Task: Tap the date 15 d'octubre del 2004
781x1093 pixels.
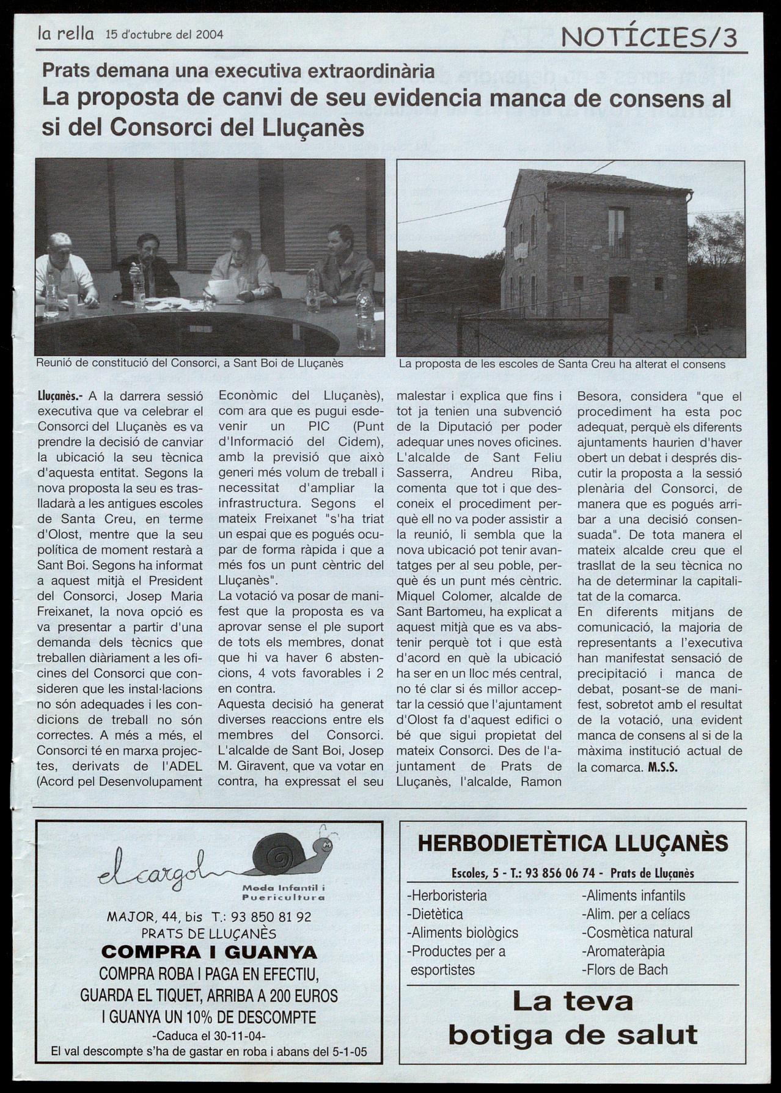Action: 164,35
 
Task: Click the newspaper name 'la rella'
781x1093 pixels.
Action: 65,34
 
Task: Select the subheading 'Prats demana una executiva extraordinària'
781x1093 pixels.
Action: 238,71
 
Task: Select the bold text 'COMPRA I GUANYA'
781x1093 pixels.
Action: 209,952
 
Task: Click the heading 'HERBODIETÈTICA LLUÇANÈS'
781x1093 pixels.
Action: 573,844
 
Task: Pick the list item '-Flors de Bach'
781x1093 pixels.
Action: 625,969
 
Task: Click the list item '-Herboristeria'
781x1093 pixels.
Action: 447,896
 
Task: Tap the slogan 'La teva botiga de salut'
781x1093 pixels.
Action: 573,1018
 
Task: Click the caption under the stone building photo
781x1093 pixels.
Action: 562,364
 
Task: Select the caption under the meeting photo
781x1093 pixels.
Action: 189,363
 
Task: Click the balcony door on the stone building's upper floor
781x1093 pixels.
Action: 618,232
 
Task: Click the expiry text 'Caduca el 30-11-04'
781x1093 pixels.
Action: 209,1036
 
